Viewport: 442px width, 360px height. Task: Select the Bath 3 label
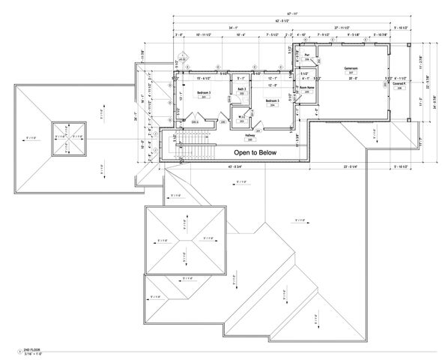pos(242,89)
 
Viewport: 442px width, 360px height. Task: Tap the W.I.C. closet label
pos(243,115)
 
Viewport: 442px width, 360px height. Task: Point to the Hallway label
pos(249,135)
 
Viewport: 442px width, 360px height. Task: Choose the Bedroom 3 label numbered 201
pos(204,93)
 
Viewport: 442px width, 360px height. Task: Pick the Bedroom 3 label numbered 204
pos(273,100)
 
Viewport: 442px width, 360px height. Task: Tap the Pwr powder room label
pos(306,54)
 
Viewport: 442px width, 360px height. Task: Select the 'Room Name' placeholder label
pos(307,88)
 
